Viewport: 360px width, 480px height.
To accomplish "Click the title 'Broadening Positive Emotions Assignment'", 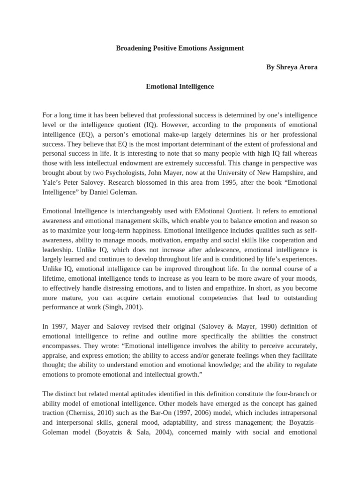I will (x=180, y=48).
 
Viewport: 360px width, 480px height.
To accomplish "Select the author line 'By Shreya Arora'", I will (x=292, y=67).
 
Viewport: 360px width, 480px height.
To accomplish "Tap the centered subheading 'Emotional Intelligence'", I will (x=180, y=86).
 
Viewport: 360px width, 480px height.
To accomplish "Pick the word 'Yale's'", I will (x=52, y=182).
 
